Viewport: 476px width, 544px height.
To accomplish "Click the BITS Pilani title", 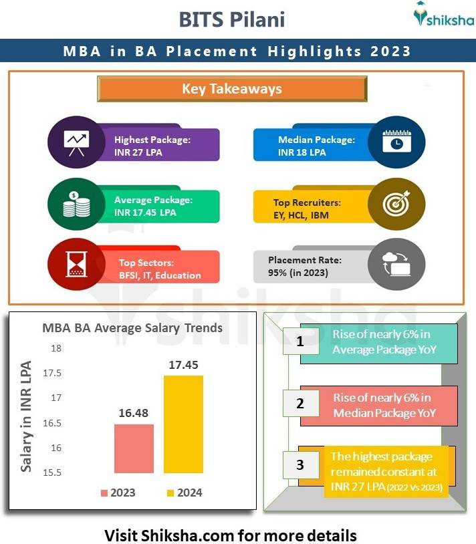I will (231, 19).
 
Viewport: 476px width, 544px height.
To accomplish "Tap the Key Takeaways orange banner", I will (232, 89).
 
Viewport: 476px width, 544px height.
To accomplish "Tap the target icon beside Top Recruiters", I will (396, 205).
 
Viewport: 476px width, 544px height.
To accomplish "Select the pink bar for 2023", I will (134, 448).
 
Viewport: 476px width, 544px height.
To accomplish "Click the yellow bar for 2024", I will (183, 424).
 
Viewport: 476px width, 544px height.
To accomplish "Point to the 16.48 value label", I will (134, 414).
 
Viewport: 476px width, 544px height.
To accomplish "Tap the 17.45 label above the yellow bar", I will (183, 365).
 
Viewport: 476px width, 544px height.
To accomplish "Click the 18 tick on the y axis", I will (55, 348).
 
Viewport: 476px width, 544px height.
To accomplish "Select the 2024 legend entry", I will (184, 493).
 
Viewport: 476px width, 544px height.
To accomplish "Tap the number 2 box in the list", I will (300, 403).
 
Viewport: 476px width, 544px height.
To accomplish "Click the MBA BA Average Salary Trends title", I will (132, 327).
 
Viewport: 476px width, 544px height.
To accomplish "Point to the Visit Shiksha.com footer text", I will (231, 535).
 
